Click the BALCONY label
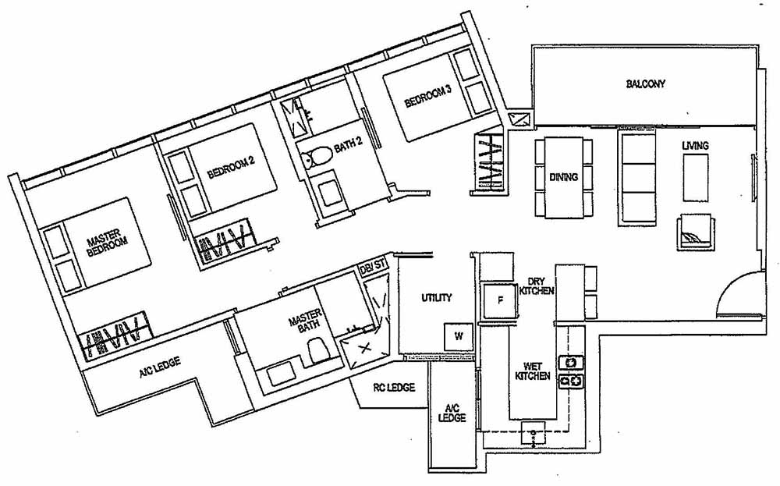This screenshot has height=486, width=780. [645, 83]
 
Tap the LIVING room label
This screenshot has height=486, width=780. [695, 146]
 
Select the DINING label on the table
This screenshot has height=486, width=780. [563, 177]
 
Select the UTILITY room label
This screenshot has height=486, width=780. [436, 298]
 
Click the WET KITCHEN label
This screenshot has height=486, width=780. [533, 371]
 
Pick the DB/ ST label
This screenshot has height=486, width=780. [372, 268]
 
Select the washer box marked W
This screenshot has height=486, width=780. [458, 337]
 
